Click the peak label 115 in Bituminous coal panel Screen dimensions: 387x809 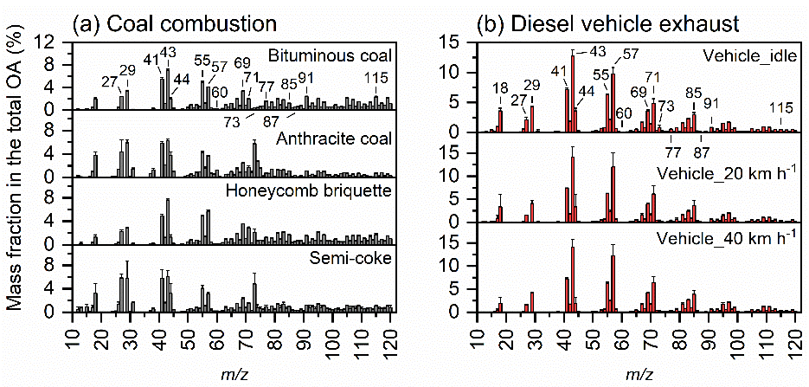pos(376,78)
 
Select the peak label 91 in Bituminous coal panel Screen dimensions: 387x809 pos(306,78)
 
